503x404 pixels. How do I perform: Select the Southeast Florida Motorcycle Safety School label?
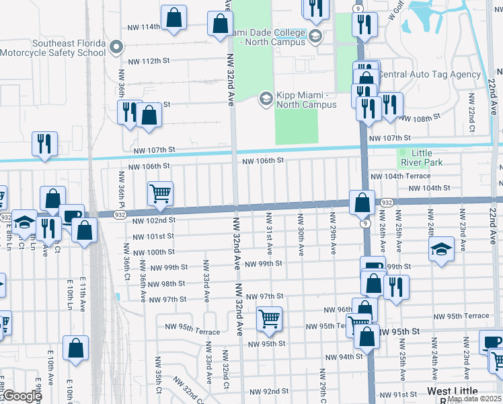click(52, 48)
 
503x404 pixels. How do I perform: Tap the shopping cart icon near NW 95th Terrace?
click(269, 319)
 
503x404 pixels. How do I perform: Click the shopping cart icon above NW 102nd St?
click(161, 194)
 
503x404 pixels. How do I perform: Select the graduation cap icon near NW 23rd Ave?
click(440, 249)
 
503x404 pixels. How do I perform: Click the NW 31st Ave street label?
click(269, 233)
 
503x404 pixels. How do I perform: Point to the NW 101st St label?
click(153, 236)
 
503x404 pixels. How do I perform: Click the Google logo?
click(22, 397)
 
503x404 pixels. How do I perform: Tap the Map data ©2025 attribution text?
click(473, 399)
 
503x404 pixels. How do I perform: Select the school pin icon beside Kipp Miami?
click(266, 99)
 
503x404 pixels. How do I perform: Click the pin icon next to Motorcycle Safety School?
click(116, 48)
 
